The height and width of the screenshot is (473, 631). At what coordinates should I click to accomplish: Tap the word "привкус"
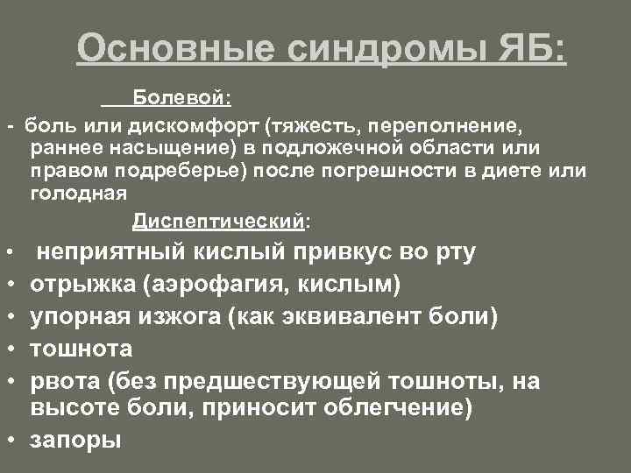337,253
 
